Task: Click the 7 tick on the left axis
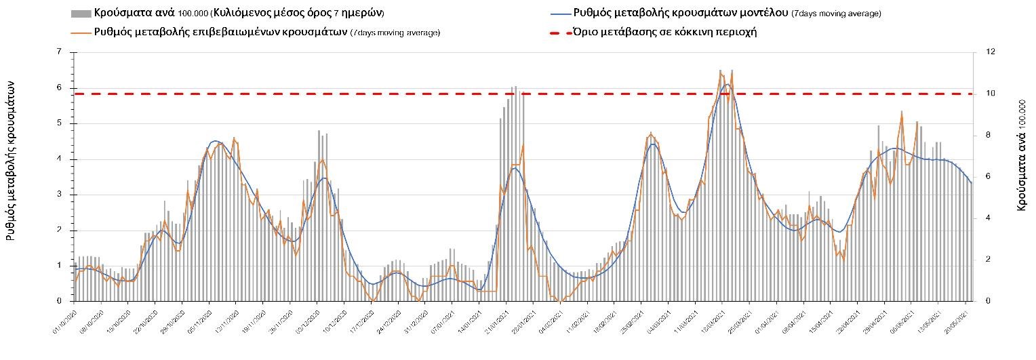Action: click(60, 52)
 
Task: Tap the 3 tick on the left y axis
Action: click(60, 195)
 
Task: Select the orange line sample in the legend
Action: click(81, 32)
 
